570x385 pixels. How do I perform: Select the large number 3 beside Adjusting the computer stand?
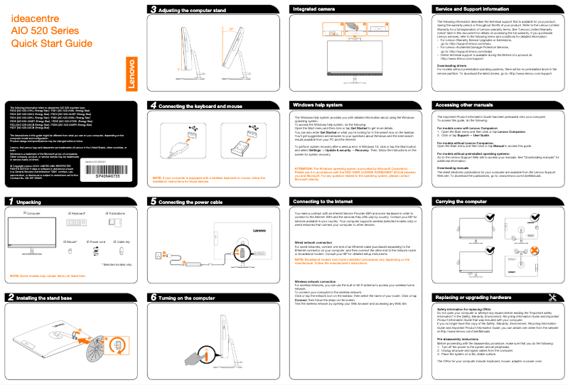[x=153, y=10]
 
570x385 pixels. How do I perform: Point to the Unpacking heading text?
[x=29, y=202]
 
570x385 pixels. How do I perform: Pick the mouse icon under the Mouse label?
[x=70, y=251]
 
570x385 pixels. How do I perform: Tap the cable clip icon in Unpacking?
[x=121, y=251]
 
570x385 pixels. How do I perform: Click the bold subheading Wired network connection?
[x=318, y=242]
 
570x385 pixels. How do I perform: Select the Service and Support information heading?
[x=472, y=9]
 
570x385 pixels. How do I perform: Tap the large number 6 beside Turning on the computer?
[x=153, y=297]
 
